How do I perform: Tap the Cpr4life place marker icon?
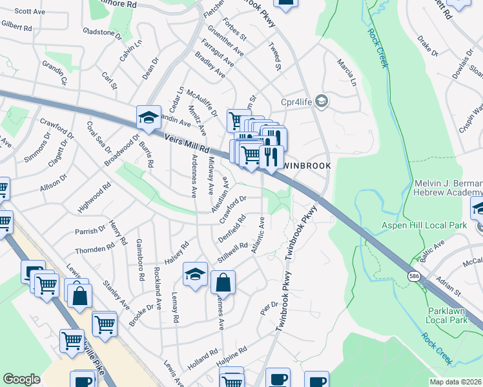point(322,101)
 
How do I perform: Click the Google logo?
point(21,379)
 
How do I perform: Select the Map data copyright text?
point(455,382)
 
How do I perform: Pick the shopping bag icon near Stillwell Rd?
point(223,283)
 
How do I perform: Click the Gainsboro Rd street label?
point(140,260)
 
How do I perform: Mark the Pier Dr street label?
point(270,304)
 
